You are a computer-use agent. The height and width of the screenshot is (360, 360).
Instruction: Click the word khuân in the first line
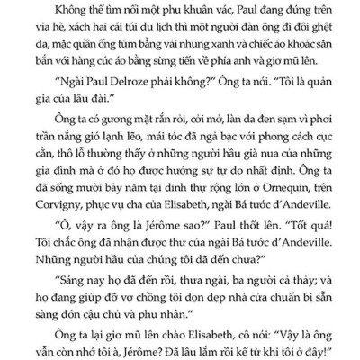[185, 12]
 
